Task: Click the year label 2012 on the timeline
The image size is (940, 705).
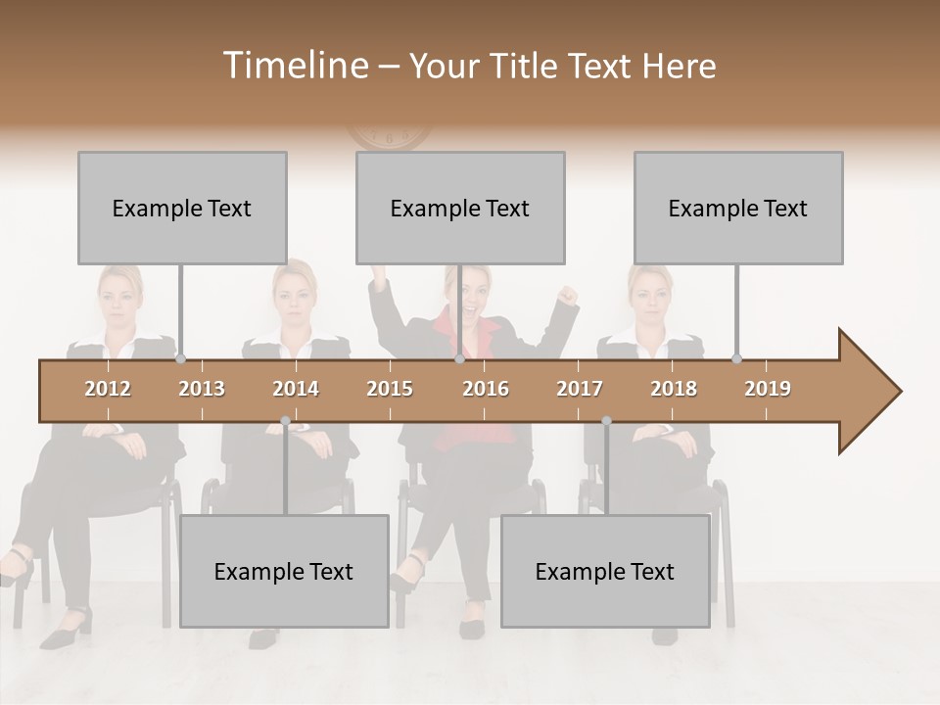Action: pyautogui.click(x=108, y=389)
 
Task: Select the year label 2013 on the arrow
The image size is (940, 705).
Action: pyautogui.click(x=202, y=389)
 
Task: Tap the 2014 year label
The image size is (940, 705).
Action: pyautogui.click(x=296, y=389)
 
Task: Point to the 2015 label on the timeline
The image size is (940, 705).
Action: pyautogui.click(x=390, y=389)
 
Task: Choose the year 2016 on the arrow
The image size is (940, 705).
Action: pyautogui.click(x=486, y=389)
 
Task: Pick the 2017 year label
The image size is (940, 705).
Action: pyautogui.click(x=580, y=389)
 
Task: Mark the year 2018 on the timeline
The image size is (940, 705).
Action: pyautogui.click(x=674, y=389)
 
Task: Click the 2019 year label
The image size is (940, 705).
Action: pyautogui.click(x=768, y=389)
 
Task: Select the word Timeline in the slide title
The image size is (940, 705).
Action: pyautogui.click(x=294, y=66)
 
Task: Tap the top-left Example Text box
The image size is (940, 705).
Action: pyautogui.click(x=182, y=208)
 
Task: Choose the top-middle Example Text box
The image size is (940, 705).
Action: pyautogui.click(x=460, y=208)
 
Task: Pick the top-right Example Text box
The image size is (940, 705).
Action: pyautogui.click(x=738, y=208)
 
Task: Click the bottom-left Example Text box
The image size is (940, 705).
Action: pyautogui.click(x=284, y=571)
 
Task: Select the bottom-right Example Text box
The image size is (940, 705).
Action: pyautogui.click(x=605, y=571)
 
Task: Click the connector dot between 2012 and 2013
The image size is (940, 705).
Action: pyautogui.click(x=180, y=359)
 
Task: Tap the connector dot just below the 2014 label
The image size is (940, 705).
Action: pyautogui.click(x=285, y=421)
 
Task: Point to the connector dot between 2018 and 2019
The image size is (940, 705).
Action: pyautogui.click(x=736, y=359)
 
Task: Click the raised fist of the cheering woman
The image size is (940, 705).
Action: pyautogui.click(x=566, y=293)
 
